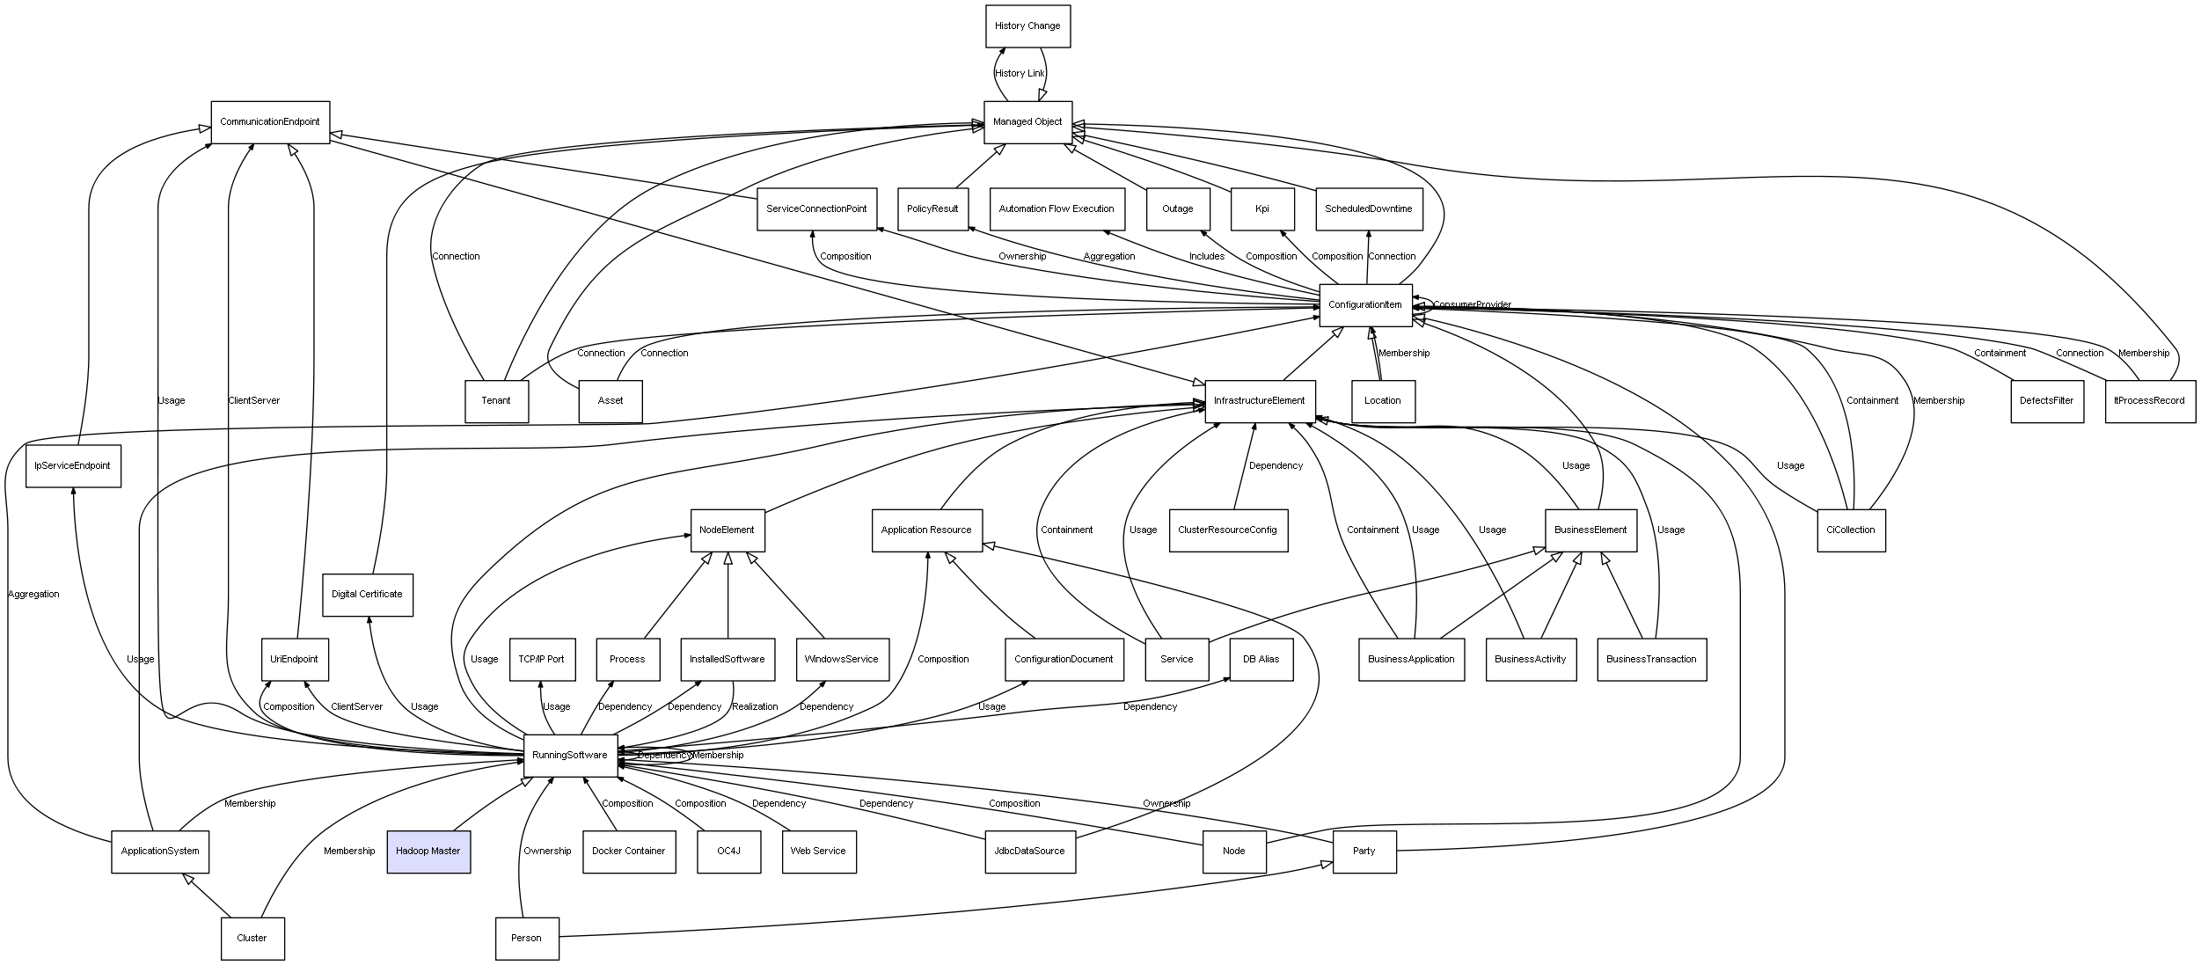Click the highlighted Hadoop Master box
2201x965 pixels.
[428, 852]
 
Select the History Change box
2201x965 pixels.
[1027, 26]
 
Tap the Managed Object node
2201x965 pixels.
[1027, 122]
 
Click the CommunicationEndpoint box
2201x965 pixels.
[270, 122]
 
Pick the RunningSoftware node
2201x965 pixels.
[570, 756]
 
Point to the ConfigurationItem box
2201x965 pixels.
[1365, 305]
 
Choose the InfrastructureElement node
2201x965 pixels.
[1260, 401]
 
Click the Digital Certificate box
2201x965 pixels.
[367, 595]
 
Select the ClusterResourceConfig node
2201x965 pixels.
[1228, 530]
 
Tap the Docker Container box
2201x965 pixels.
[629, 852]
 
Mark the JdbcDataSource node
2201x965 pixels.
[1029, 852]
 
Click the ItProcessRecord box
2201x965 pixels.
[2149, 401]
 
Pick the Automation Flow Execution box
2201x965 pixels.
[1057, 209]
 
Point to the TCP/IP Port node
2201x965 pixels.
[542, 660]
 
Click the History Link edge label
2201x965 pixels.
[1020, 74]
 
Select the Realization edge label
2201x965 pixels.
[755, 707]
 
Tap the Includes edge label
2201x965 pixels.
[1207, 257]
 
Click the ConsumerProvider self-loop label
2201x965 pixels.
[1472, 305]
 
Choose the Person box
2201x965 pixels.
[527, 939]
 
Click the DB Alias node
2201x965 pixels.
[1261, 660]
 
